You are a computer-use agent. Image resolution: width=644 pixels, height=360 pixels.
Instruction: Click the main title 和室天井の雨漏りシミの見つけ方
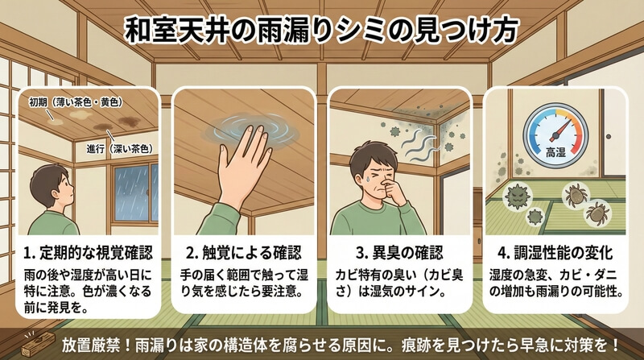[x=321, y=30]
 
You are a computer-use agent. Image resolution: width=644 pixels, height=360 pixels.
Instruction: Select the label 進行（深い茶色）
[x=119, y=149]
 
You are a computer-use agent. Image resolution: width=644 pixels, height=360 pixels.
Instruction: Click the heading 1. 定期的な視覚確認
[x=88, y=253]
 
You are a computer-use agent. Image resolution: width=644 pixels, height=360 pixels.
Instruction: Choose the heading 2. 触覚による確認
[x=244, y=253]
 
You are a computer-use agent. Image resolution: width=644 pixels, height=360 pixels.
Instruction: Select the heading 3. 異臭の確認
[x=399, y=253]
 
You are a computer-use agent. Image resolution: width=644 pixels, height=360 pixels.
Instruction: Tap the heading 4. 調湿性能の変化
[x=555, y=253]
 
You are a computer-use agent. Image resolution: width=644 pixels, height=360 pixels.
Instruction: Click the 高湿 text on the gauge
[x=555, y=153]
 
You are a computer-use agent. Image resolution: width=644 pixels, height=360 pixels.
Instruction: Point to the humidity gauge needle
[x=562, y=129]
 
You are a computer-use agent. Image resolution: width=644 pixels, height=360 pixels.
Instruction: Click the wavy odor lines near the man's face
[x=418, y=145]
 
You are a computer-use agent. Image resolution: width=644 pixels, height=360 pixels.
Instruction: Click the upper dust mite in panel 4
[x=575, y=195]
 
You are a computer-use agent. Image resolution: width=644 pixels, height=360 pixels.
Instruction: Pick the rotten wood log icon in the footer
[x=37, y=343]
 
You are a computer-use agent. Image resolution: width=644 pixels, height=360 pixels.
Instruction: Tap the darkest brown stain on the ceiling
[x=129, y=121]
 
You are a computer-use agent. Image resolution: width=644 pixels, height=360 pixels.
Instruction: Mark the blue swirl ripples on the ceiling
[x=250, y=130]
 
